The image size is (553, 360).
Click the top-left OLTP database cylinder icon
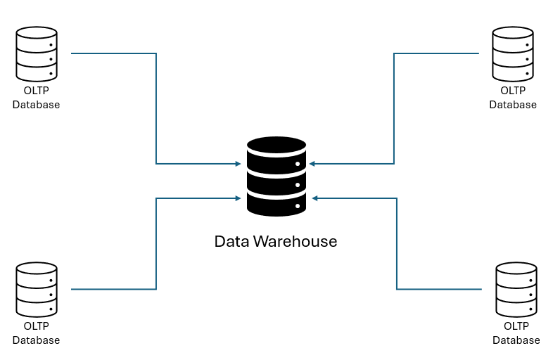tap(36, 53)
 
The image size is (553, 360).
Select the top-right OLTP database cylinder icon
tap(512, 53)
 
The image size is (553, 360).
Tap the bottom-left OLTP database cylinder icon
tap(36, 289)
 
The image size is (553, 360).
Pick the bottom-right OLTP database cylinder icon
tap(516, 289)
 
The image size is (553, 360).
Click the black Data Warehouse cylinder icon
tap(276, 176)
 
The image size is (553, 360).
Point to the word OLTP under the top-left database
tap(36, 91)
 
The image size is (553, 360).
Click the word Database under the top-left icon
tap(36, 105)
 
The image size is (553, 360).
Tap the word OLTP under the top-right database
tap(513, 91)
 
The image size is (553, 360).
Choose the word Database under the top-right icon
tap(513, 105)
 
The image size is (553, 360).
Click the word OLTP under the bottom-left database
tap(36, 326)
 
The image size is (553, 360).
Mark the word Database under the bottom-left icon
tap(36, 340)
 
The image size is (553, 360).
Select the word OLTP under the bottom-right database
tap(516, 326)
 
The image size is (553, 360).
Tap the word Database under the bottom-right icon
tap(516, 340)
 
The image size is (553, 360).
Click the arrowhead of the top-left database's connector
tap(238, 164)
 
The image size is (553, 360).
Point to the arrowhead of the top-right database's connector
tap(312, 164)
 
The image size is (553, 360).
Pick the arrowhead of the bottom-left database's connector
tap(238, 198)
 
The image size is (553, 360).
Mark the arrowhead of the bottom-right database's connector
tap(315, 198)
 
